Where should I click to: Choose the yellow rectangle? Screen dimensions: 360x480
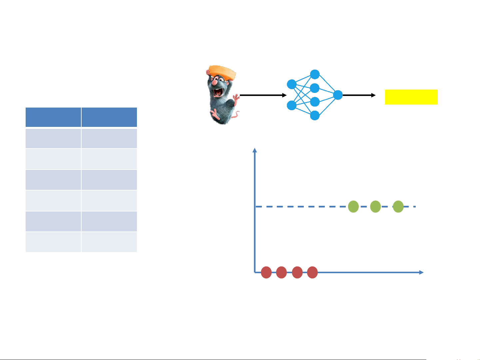coord(411,97)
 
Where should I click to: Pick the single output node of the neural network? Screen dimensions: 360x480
coord(338,95)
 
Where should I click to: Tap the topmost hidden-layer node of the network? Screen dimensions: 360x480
coord(315,74)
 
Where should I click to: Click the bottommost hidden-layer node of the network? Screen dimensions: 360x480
coord(315,116)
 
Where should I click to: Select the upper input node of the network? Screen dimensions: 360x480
coord(291,84)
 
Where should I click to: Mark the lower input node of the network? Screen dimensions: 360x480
coord(291,105)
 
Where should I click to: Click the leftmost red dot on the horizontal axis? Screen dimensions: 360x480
coord(266,272)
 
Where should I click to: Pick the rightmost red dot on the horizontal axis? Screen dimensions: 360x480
coord(312,272)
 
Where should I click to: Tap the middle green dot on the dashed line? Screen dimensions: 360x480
coord(375,206)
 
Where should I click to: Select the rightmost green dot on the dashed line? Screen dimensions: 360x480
coord(398,206)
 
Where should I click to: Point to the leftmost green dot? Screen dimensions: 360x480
coord(353,206)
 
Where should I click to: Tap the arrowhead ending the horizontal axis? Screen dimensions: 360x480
coord(421,272)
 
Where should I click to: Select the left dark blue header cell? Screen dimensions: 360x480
coord(53,117)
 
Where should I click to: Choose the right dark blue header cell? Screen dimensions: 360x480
coord(109,117)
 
